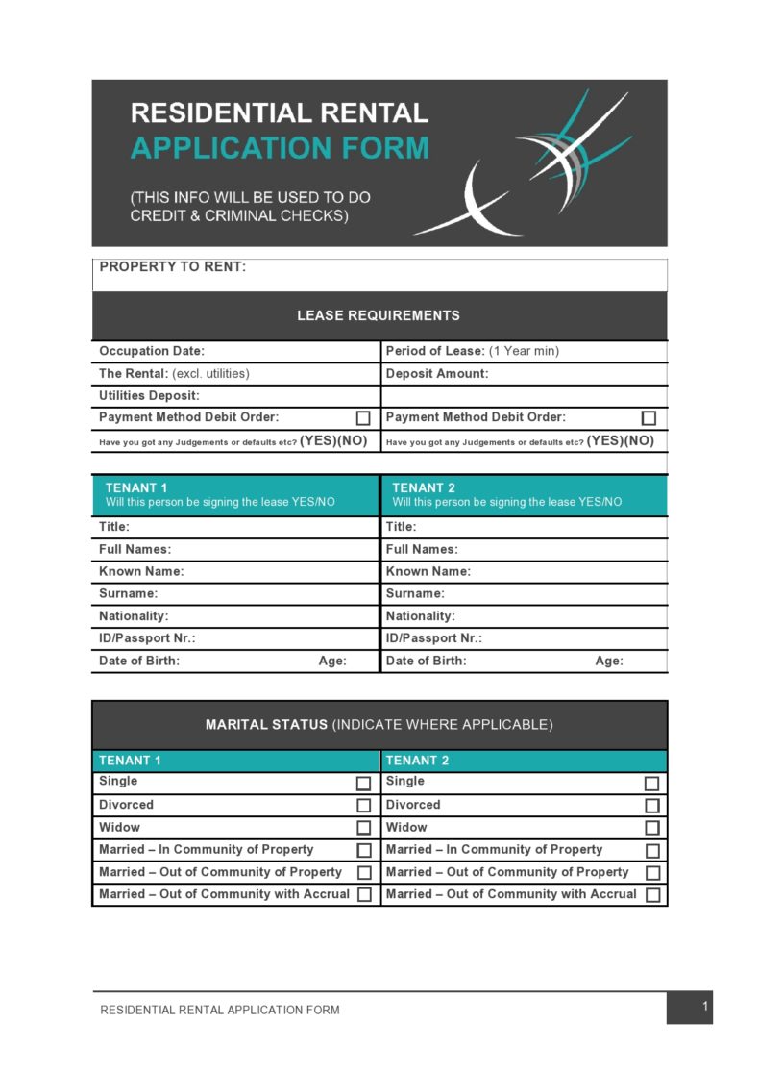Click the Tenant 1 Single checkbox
coord(364,784)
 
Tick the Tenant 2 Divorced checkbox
coord(652,806)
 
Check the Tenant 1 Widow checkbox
coord(364,828)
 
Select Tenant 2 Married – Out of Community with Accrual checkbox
coord(652,895)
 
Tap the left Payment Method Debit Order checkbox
coord(363,418)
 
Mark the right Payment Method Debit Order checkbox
coord(649,418)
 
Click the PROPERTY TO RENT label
coord(173,267)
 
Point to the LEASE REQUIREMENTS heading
coord(379,315)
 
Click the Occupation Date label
coord(152,351)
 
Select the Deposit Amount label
coord(437,374)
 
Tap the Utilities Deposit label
coord(149,395)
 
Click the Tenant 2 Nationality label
coord(421,616)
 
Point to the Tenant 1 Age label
coord(332,662)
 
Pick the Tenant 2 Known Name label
coord(428,571)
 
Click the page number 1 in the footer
coord(705,1007)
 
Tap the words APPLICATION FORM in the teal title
coord(280,148)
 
